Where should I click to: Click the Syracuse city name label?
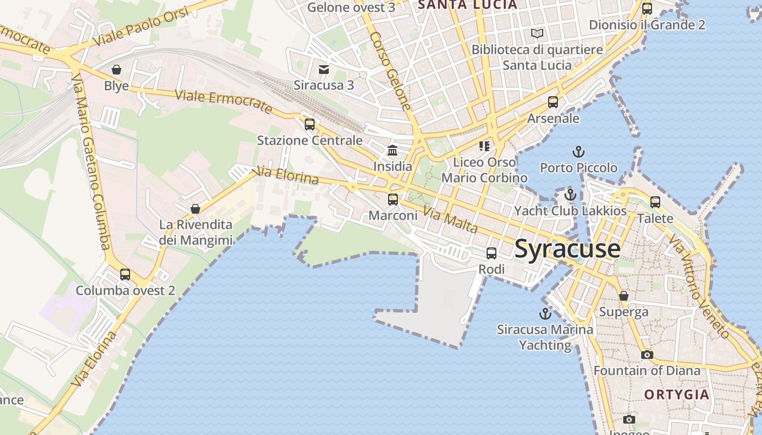567,249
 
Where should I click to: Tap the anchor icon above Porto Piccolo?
578,152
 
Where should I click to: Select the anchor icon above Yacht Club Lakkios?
570,195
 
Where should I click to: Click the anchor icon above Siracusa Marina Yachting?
545,314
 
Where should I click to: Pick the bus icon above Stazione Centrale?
310,125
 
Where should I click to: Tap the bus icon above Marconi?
393,200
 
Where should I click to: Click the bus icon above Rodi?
491,253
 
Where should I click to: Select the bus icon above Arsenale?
553,102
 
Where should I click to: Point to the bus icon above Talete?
655,202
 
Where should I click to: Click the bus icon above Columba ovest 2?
125,275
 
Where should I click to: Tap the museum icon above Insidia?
392,151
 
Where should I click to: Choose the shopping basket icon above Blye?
116,70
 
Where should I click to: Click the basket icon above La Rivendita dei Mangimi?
195,209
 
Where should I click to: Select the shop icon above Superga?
624,296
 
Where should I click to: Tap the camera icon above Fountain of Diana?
647,355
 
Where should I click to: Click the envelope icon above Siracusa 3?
324,69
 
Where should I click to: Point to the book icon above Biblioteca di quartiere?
537,34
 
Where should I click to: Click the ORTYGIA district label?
677,394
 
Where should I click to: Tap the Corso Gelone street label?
390,71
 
